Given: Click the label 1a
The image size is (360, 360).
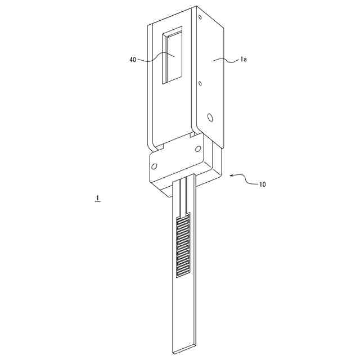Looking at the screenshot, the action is click(x=244, y=58).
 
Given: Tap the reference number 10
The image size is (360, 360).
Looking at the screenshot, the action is click(x=263, y=184).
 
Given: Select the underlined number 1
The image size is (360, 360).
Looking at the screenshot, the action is click(x=98, y=198).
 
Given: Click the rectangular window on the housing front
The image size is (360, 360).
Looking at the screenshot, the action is click(x=173, y=57).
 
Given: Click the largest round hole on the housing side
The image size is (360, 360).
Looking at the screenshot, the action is click(x=210, y=118).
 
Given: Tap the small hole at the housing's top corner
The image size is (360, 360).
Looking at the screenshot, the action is click(x=200, y=17).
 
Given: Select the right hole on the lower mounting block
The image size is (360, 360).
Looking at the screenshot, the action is click(x=197, y=149).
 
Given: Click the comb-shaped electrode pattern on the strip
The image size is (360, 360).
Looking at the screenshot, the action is click(x=184, y=246).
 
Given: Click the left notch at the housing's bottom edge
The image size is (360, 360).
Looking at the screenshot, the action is click(x=159, y=147).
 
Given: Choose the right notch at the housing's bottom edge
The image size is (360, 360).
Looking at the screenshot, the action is click(x=193, y=135).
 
